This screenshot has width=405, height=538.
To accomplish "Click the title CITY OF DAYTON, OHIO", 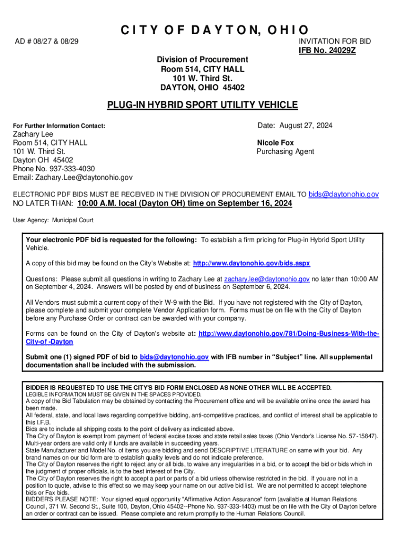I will (203, 30).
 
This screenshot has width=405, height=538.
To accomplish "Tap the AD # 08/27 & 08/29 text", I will (46, 41).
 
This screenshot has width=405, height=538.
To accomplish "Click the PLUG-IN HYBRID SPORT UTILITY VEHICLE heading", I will (202, 105).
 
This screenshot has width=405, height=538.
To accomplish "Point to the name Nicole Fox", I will (275, 143).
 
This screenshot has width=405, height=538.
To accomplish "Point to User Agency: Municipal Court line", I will (53, 220).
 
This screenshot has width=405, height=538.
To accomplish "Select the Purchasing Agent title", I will (285, 152).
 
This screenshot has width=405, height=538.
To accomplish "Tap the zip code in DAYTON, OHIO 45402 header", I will (234, 88).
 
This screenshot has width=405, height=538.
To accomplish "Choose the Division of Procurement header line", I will (202, 60).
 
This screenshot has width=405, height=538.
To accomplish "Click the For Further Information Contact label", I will (59, 126).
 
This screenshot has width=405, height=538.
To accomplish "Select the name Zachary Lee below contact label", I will (33, 134).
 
